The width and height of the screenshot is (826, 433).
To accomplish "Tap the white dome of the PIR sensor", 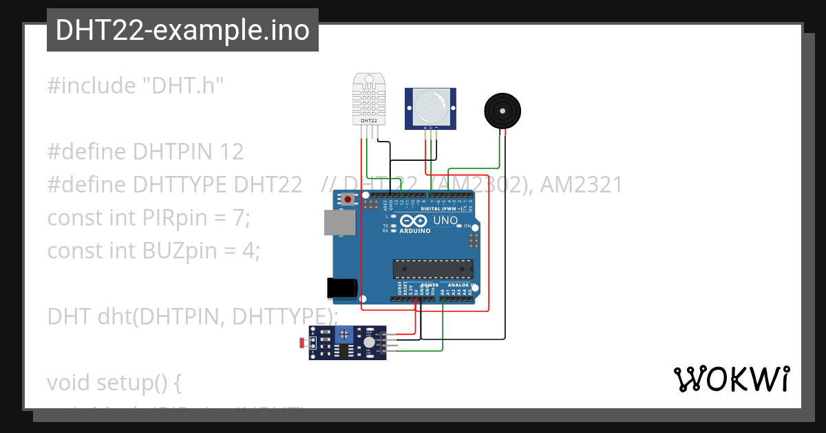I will click(430, 107).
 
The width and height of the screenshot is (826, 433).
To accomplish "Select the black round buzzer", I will click(502, 111).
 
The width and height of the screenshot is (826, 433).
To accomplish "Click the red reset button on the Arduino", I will click(348, 200).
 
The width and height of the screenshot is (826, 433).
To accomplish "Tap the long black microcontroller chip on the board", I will click(433, 270).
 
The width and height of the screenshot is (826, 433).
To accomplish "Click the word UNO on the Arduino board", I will click(445, 221).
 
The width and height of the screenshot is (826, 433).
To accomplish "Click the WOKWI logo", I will click(731, 379).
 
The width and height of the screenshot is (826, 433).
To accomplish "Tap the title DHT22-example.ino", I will click(182, 30).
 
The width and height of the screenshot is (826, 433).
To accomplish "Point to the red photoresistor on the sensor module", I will click(302, 342).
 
